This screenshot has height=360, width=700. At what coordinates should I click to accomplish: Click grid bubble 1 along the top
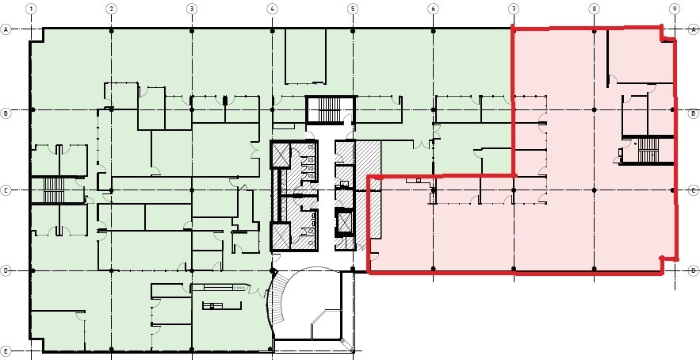31,9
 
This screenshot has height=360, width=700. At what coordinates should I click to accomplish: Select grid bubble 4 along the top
272,9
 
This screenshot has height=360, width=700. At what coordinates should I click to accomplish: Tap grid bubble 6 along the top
433,9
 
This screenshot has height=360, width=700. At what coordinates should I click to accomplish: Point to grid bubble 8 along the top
593,9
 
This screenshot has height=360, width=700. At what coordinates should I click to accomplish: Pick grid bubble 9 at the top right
673,9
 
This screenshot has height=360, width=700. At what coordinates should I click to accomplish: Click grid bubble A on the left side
7,29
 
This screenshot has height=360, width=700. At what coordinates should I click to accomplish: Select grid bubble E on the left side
7,350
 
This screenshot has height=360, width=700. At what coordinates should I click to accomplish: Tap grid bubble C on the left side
7,190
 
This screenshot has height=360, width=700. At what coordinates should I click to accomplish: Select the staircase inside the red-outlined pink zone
648,148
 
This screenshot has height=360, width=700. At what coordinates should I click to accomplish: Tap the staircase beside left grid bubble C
52,190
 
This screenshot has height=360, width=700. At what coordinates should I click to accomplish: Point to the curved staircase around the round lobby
277,305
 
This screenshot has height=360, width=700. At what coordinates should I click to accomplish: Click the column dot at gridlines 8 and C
593,190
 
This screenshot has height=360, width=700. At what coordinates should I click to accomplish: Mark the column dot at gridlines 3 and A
192,29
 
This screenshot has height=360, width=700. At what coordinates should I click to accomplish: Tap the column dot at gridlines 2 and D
111,270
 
